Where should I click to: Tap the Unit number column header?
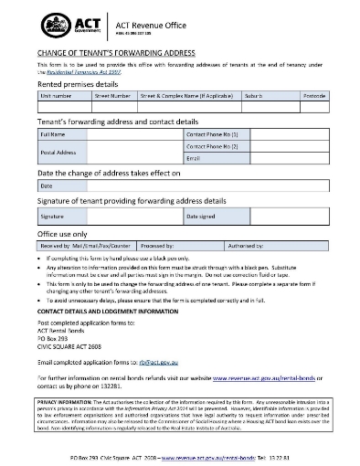(x=56, y=94)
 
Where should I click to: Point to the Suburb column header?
(x=255, y=94)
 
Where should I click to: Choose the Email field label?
(x=193, y=159)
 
